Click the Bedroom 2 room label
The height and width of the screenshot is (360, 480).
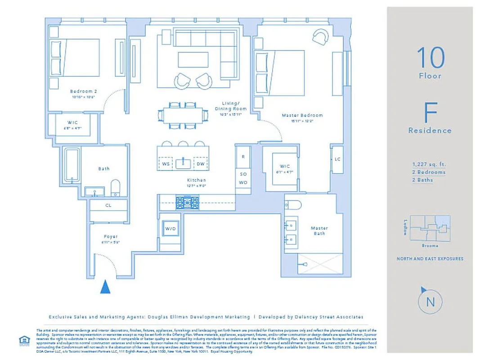click(x=84, y=91)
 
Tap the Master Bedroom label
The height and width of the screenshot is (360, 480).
click(x=302, y=116)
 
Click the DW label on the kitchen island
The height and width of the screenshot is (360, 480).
click(x=200, y=164)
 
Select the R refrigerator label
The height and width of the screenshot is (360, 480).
click(x=243, y=157)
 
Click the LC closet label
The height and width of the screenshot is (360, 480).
click(x=337, y=159)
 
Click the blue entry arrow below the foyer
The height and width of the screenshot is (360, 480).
click(x=105, y=287)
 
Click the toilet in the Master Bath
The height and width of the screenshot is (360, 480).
click(x=293, y=205)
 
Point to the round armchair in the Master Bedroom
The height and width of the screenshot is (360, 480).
click(x=321, y=37)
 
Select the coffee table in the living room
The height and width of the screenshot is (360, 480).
click(x=193, y=60)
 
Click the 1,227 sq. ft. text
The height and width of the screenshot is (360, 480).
click(x=429, y=164)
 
